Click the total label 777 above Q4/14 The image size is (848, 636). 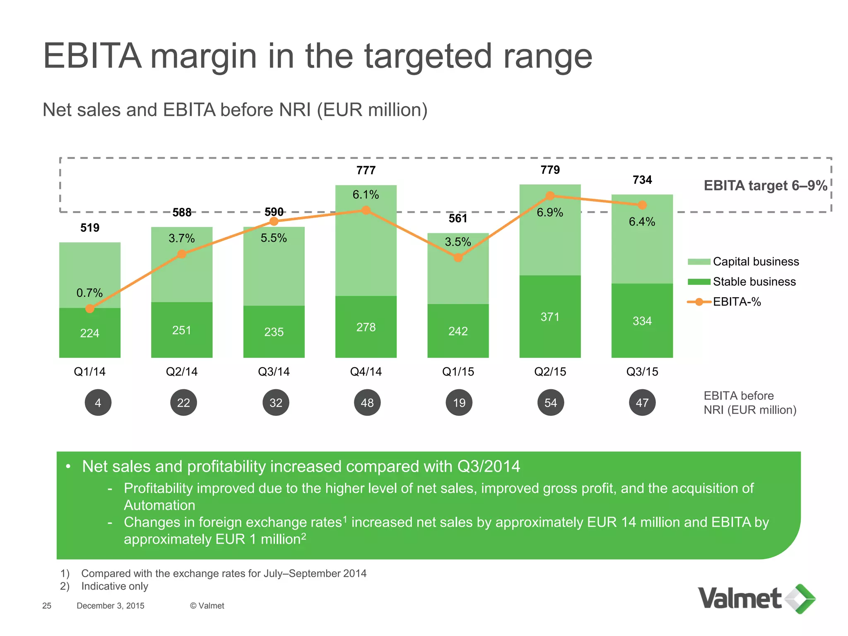[x=366, y=170]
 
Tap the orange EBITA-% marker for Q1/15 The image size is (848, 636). [x=458, y=258]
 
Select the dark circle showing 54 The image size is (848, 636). [x=550, y=402]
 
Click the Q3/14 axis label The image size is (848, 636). [x=274, y=371]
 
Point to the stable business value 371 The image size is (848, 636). [x=550, y=317]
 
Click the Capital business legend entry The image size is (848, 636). [x=743, y=262]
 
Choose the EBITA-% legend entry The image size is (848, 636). [x=725, y=302]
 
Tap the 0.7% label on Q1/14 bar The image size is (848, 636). [x=89, y=293]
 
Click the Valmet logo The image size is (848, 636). [x=756, y=599]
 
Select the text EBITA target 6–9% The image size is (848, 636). [x=765, y=185]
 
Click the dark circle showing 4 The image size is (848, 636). [x=98, y=402]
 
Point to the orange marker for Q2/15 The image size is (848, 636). [x=550, y=196]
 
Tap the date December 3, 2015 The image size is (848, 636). [x=111, y=606]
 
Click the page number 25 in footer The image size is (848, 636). [x=47, y=606]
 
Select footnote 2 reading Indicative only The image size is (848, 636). [x=114, y=586]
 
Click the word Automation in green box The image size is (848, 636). [x=159, y=505]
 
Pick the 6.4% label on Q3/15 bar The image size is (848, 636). [x=642, y=222]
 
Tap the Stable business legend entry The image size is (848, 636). [x=742, y=282]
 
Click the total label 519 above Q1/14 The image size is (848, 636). [x=90, y=228]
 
